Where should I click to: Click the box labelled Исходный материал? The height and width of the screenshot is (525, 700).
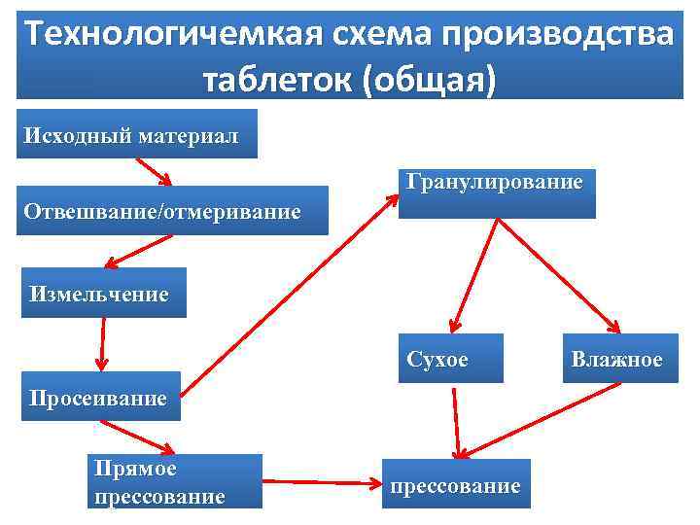[136, 134]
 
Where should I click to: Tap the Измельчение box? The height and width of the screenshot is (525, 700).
[103, 293]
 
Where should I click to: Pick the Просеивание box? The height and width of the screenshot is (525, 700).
[100, 396]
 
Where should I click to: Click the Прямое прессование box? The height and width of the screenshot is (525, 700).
[175, 481]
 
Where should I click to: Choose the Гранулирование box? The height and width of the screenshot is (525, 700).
[497, 192]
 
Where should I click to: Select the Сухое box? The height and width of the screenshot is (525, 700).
[451, 359]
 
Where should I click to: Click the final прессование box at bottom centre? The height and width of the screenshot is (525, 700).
[455, 483]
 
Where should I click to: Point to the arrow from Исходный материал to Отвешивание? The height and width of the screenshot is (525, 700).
[153, 172]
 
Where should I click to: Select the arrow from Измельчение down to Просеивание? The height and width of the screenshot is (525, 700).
[101, 343]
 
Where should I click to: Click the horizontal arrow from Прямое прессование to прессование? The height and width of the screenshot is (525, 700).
[321, 481]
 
